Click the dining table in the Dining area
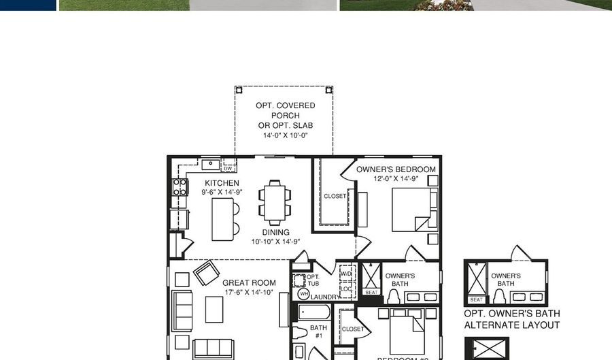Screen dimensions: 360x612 click(x=274, y=202)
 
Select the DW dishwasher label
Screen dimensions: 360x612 click(x=228, y=168)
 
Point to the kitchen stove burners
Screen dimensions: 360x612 click(x=180, y=187)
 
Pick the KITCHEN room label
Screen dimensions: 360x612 click(x=222, y=183)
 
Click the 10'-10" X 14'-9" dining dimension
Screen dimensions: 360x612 click(x=275, y=242)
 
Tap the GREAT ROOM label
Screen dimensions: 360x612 click(x=249, y=282)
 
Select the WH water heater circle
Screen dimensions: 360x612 click(x=303, y=294)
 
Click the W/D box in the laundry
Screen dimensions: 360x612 click(x=345, y=274)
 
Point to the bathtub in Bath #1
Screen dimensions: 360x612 click(x=314, y=313)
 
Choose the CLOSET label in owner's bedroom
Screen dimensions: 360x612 click(x=335, y=196)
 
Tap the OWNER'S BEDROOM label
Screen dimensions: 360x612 click(x=396, y=169)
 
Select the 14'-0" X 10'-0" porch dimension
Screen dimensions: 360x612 click(x=286, y=135)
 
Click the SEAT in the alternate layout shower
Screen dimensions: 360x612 click(x=477, y=299)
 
